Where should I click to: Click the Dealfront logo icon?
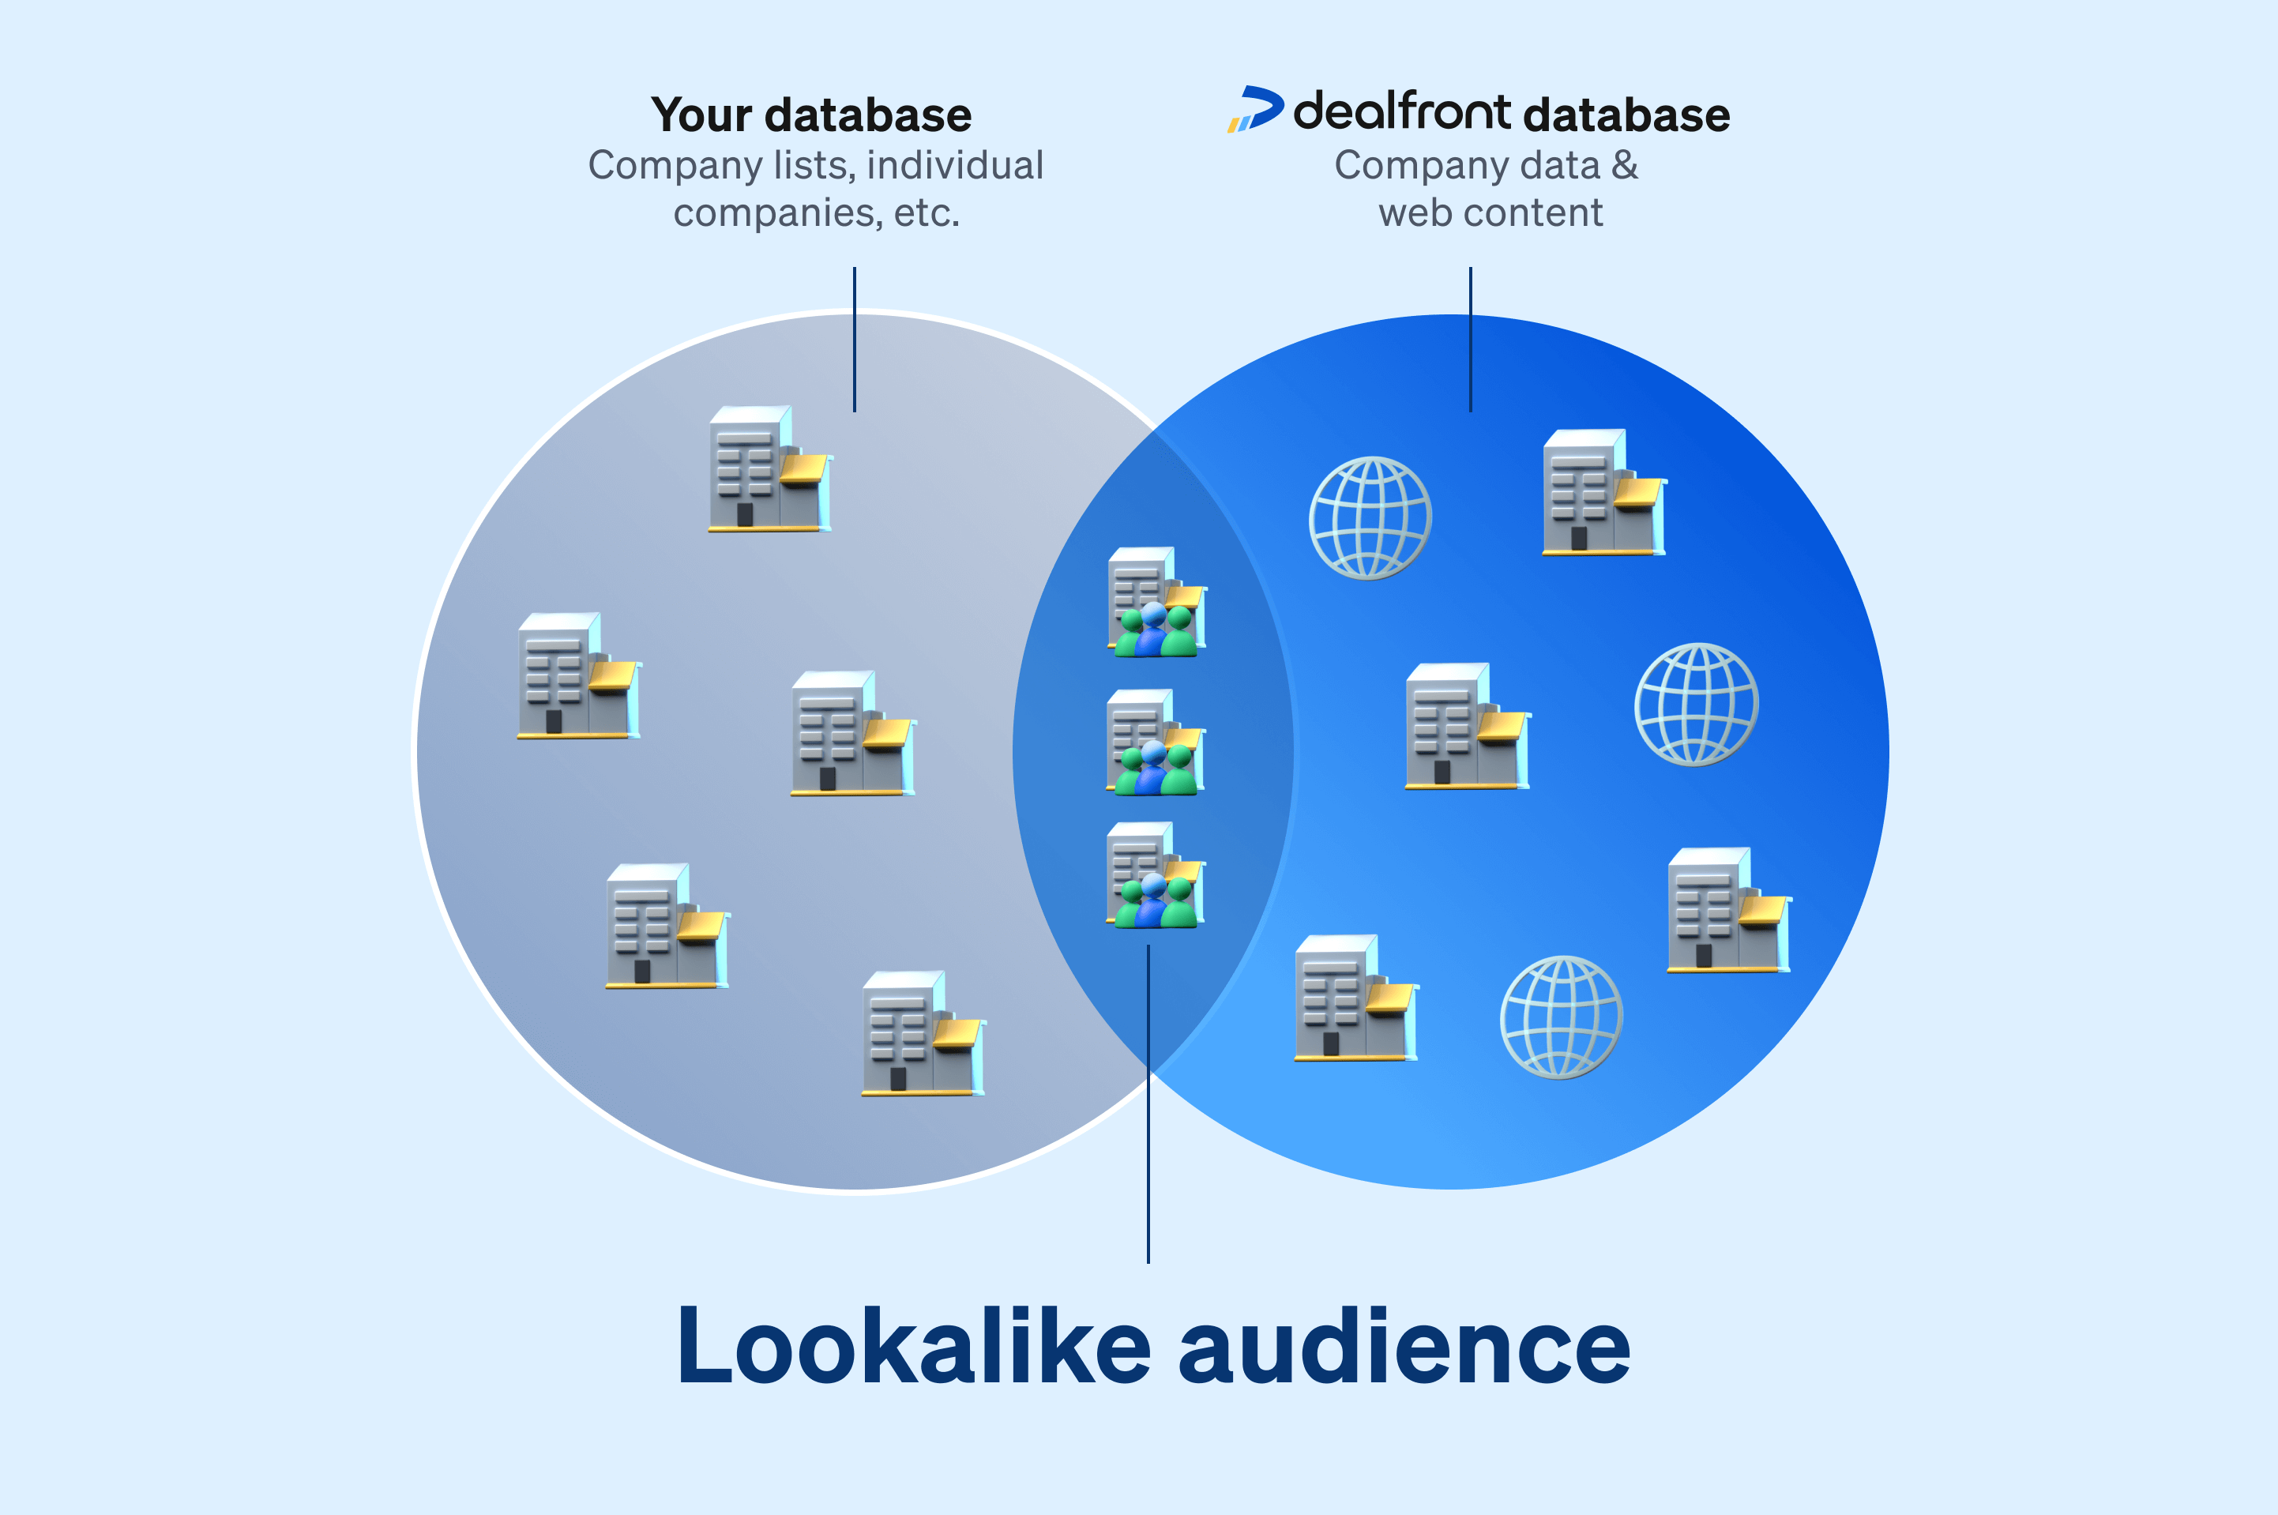coord(1255,108)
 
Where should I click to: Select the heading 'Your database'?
coord(810,115)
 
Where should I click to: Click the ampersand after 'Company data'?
coord(1625,165)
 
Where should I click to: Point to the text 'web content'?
coord(1490,212)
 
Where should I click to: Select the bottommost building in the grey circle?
coord(923,1034)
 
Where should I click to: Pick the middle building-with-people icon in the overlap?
coord(1156,743)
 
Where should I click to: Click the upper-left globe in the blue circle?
coord(1370,519)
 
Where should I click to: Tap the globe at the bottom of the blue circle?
coord(1560,1017)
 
